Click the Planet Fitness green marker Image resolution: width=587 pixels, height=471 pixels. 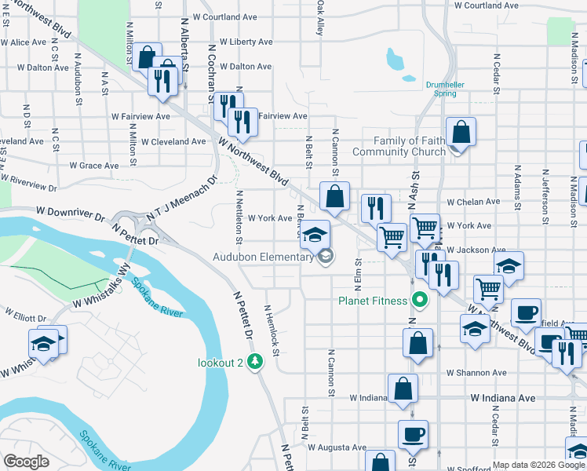[x=420, y=300]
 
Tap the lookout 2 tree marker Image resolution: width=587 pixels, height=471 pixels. [x=254, y=361]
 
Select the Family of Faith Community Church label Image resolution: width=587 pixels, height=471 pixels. [x=399, y=146]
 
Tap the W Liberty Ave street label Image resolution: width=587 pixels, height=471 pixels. [x=246, y=42]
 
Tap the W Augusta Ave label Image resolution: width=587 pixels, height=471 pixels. [x=337, y=447]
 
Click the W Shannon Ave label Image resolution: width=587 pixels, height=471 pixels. [x=476, y=373]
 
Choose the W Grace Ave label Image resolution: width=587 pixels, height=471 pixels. [x=93, y=166]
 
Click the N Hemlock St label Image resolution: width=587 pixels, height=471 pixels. [x=272, y=330]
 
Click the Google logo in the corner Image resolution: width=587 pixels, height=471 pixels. [x=26, y=462]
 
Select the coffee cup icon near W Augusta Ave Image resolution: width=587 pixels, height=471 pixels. [x=413, y=433]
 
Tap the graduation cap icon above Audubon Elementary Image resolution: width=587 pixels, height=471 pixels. [x=315, y=235]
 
